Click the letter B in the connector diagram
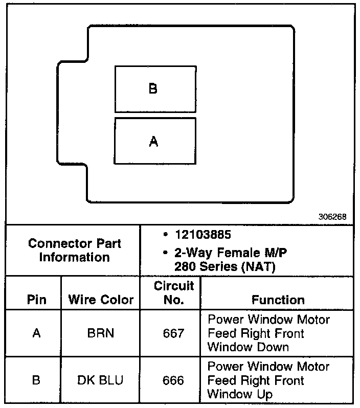(153, 89)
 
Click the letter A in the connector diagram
(153, 142)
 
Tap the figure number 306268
(332, 216)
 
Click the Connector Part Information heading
(75, 250)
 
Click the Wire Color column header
(101, 300)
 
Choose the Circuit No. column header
(174, 292)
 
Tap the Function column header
(278, 300)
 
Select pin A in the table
(36, 333)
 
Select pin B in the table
(36, 380)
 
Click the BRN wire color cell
(101, 333)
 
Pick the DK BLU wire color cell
(101, 380)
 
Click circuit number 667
(174, 333)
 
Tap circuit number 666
(174, 380)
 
